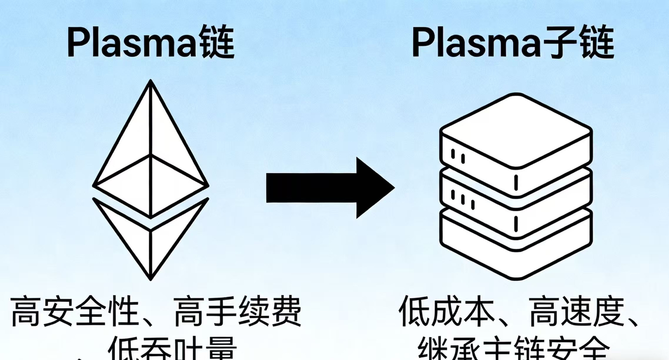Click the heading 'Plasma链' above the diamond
click(151, 42)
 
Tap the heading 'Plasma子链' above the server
click(512, 42)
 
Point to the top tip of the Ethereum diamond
click(151, 81)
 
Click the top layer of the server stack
click(516, 130)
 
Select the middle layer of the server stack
click(516, 191)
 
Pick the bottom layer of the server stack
click(516, 243)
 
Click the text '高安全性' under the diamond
click(74, 312)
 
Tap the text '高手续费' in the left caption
click(237, 312)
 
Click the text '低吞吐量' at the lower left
click(172, 350)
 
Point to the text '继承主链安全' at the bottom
click(513, 350)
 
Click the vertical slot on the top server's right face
click(516, 183)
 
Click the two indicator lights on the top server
click(458, 156)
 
